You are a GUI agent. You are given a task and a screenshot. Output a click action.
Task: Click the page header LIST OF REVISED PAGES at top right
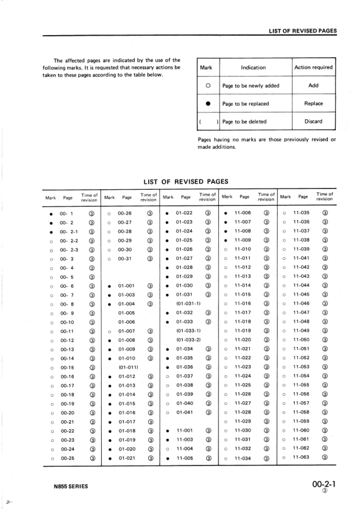click(x=303, y=30)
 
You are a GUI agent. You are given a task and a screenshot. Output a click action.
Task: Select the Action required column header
click(x=313, y=67)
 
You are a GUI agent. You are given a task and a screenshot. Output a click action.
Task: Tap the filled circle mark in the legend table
click(x=208, y=103)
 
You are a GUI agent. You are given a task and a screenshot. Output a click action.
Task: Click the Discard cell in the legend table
click(x=313, y=121)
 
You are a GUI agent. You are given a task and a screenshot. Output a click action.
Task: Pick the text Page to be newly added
click(x=250, y=86)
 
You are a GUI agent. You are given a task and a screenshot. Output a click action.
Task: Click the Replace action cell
click(x=313, y=103)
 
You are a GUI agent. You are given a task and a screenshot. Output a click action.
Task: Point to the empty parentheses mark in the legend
click(x=208, y=122)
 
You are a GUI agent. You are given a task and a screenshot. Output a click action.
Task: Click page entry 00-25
click(x=67, y=458)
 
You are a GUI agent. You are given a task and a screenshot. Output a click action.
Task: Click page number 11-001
click(x=184, y=430)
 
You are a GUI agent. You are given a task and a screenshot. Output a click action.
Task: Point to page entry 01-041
click(x=184, y=412)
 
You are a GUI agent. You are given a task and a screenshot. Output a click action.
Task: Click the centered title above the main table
click(x=185, y=181)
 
